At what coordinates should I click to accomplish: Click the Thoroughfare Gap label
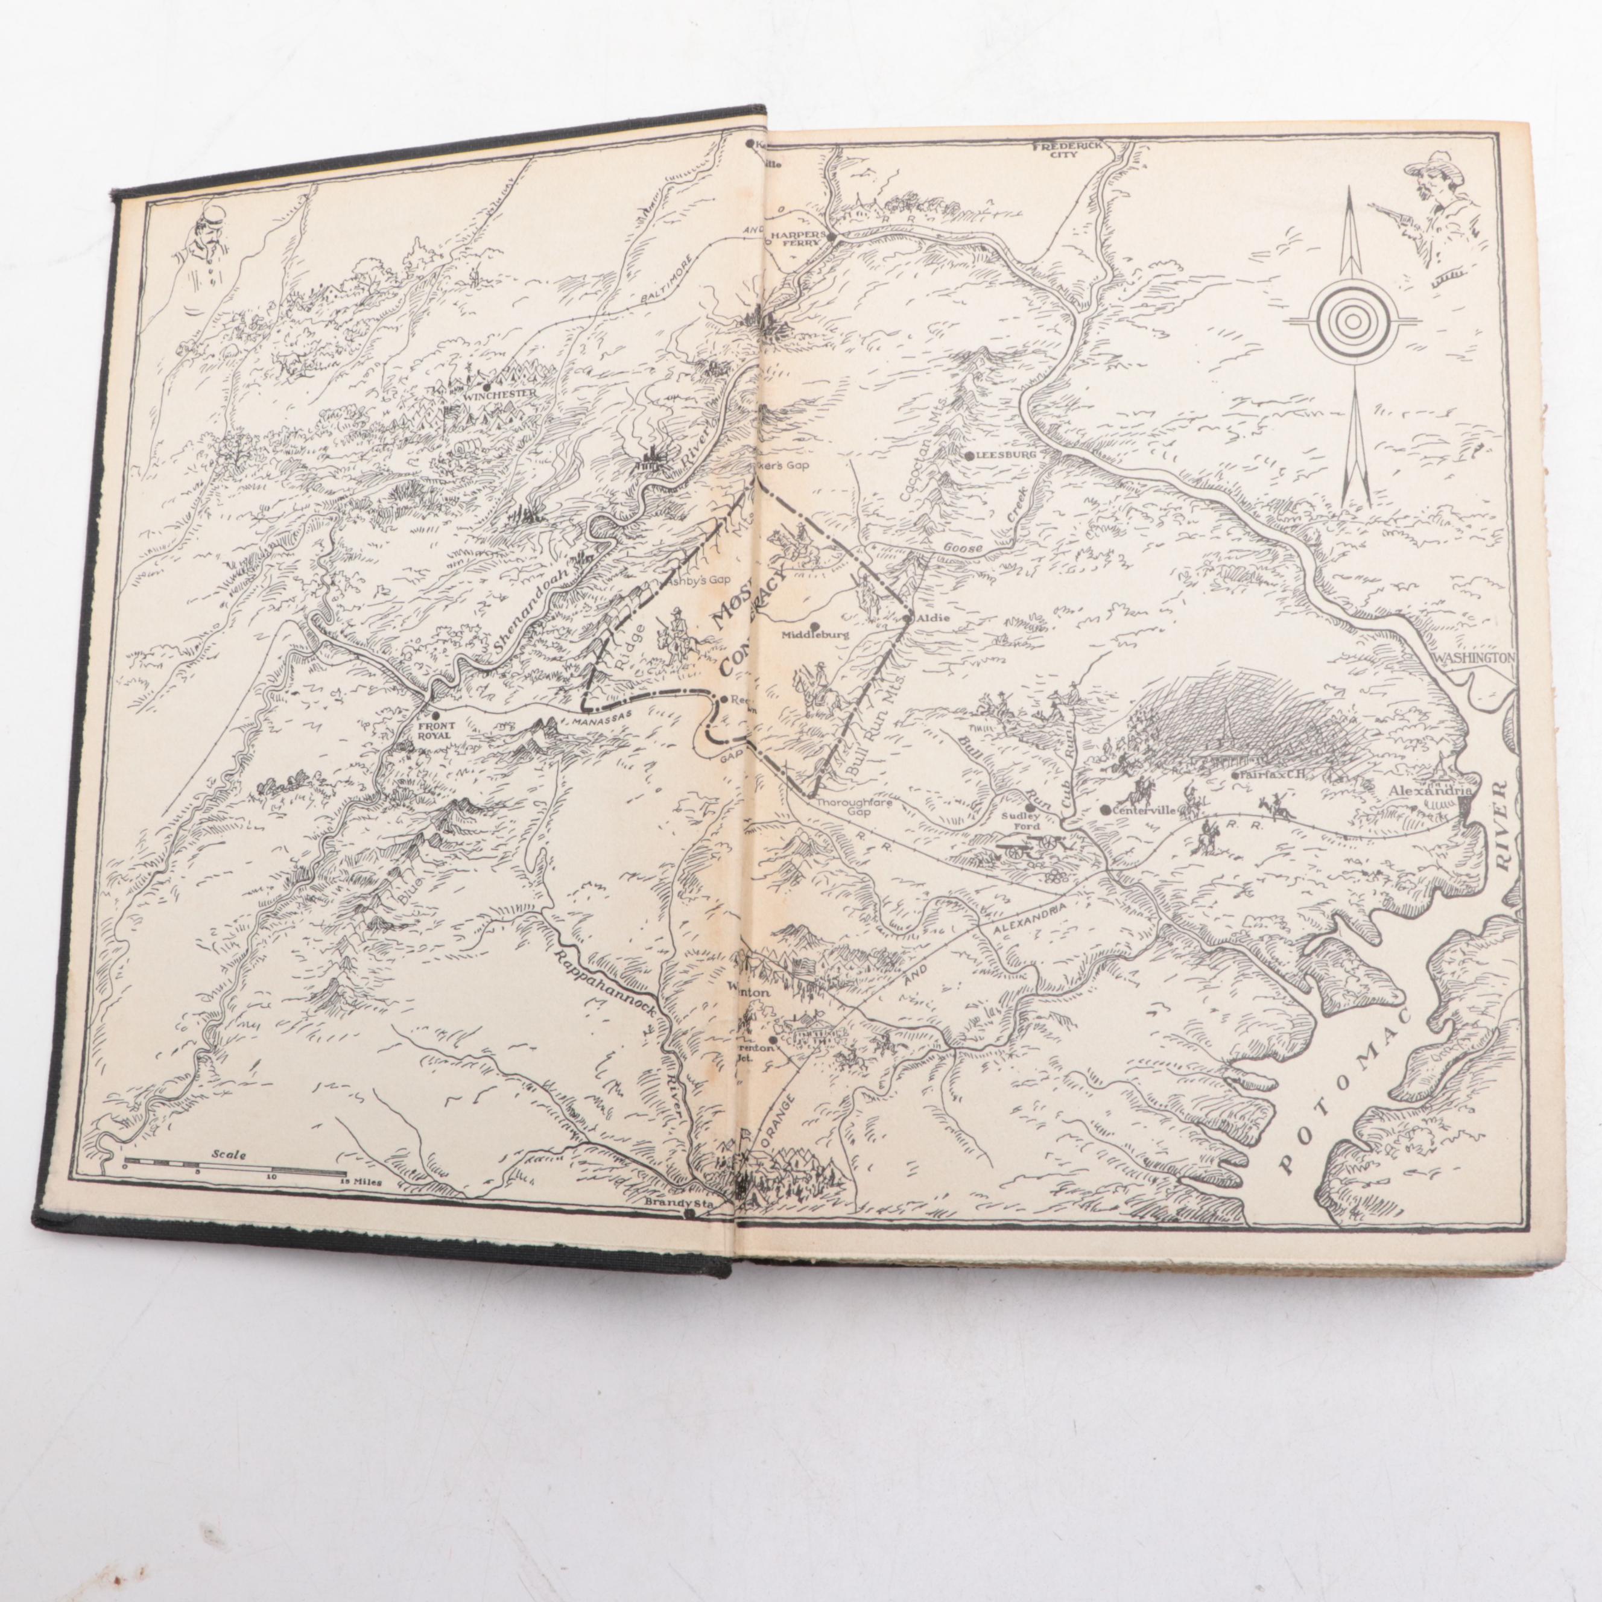(x=844, y=808)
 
